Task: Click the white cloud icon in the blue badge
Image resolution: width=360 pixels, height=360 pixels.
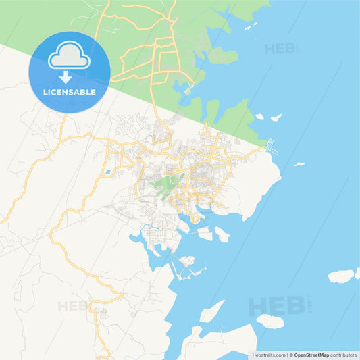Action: pyautogui.click(x=69, y=56)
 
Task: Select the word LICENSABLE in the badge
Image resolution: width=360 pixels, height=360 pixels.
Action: pyautogui.click(x=69, y=91)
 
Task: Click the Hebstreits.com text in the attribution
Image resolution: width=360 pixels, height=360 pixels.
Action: pyautogui.click(x=269, y=355)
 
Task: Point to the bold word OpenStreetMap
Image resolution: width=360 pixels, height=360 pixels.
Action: pyautogui.click(x=311, y=355)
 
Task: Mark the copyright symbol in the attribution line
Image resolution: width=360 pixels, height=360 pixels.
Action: pyautogui.click(x=290, y=355)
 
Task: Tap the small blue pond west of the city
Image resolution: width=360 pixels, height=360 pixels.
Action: pyautogui.click(x=108, y=172)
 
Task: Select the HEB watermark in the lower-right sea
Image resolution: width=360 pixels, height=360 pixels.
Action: pyautogui.click(x=277, y=305)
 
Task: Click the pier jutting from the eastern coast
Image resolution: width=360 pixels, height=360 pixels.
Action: pyautogui.click(x=271, y=145)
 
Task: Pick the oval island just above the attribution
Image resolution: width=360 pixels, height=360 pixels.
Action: pyautogui.click(x=270, y=322)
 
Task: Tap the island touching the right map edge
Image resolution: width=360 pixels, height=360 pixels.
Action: pyautogui.click(x=342, y=276)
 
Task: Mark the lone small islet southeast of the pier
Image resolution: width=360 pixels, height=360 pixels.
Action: pyautogui.click(x=299, y=163)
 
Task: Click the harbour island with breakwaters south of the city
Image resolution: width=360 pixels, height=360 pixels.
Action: pyautogui.click(x=186, y=261)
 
